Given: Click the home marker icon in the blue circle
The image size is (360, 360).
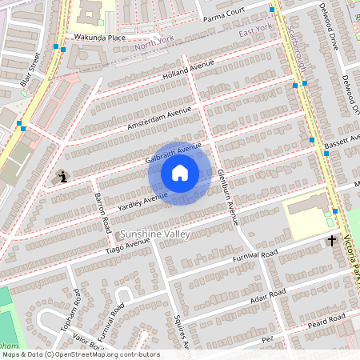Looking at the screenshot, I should (x=180, y=173).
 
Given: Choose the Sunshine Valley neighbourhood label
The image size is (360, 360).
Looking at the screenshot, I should (x=155, y=234).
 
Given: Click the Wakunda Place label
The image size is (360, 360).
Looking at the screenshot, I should (x=100, y=37).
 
